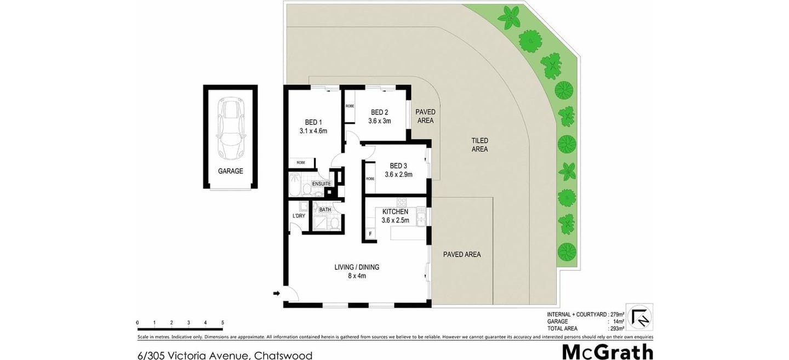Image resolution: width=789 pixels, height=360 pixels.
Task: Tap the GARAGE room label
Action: (x=230, y=171)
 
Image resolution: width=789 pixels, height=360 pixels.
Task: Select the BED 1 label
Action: (x=313, y=122)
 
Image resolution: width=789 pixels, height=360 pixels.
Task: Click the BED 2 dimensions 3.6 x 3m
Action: (x=379, y=121)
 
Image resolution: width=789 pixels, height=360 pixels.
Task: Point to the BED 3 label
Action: (x=398, y=166)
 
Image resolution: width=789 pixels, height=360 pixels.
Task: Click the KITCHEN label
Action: (x=395, y=212)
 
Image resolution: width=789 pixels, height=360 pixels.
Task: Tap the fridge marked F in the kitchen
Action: (x=370, y=234)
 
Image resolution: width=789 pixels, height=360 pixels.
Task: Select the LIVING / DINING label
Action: (x=357, y=267)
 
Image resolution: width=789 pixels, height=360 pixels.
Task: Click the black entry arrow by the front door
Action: (x=276, y=294)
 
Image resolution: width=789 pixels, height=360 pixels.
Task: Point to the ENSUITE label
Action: (x=321, y=184)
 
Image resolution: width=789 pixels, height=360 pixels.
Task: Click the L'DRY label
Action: (x=299, y=216)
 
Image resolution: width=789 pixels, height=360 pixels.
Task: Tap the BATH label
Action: (x=325, y=209)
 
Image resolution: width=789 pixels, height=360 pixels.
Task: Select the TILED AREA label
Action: (x=479, y=145)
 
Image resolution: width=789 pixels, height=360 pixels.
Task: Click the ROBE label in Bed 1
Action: (x=301, y=163)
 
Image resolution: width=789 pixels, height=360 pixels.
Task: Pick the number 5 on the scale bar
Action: (x=222, y=323)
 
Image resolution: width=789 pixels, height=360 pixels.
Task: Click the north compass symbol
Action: (x=639, y=317)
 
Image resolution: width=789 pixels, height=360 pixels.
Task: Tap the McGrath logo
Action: (x=607, y=351)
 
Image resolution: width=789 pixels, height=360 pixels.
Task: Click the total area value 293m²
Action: (x=616, y=328)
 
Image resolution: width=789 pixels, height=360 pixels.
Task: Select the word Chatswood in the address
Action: (x=283, y=355)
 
